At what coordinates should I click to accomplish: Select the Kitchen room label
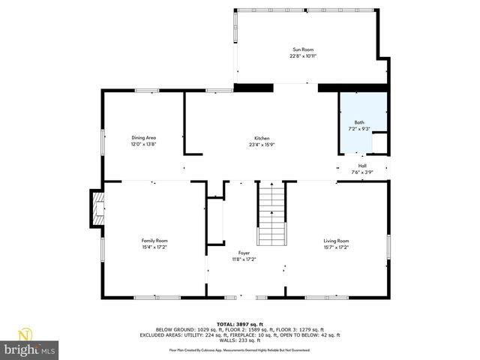pos(261,138)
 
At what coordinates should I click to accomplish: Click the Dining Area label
pos(143,138)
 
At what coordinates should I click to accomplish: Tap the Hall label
pos(362,166)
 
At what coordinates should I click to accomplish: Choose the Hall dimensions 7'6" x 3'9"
pos(362,172)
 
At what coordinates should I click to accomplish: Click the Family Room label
pos(154,240)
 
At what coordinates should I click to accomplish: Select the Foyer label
pos(244,253)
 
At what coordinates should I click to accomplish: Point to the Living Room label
pos(336,240)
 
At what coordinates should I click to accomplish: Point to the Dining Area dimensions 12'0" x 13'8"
pos(143,144)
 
